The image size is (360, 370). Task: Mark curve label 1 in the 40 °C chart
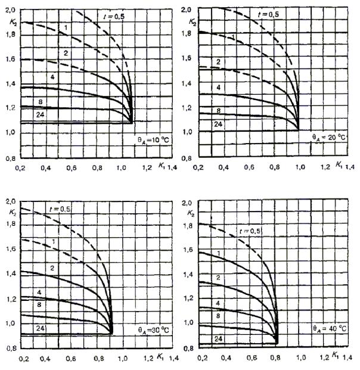pos(218,253)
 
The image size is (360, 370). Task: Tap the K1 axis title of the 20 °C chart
pos(338,163)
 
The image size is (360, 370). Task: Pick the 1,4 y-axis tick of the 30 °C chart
pos(10,273)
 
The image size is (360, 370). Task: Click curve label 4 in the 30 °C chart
pos(41,293)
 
